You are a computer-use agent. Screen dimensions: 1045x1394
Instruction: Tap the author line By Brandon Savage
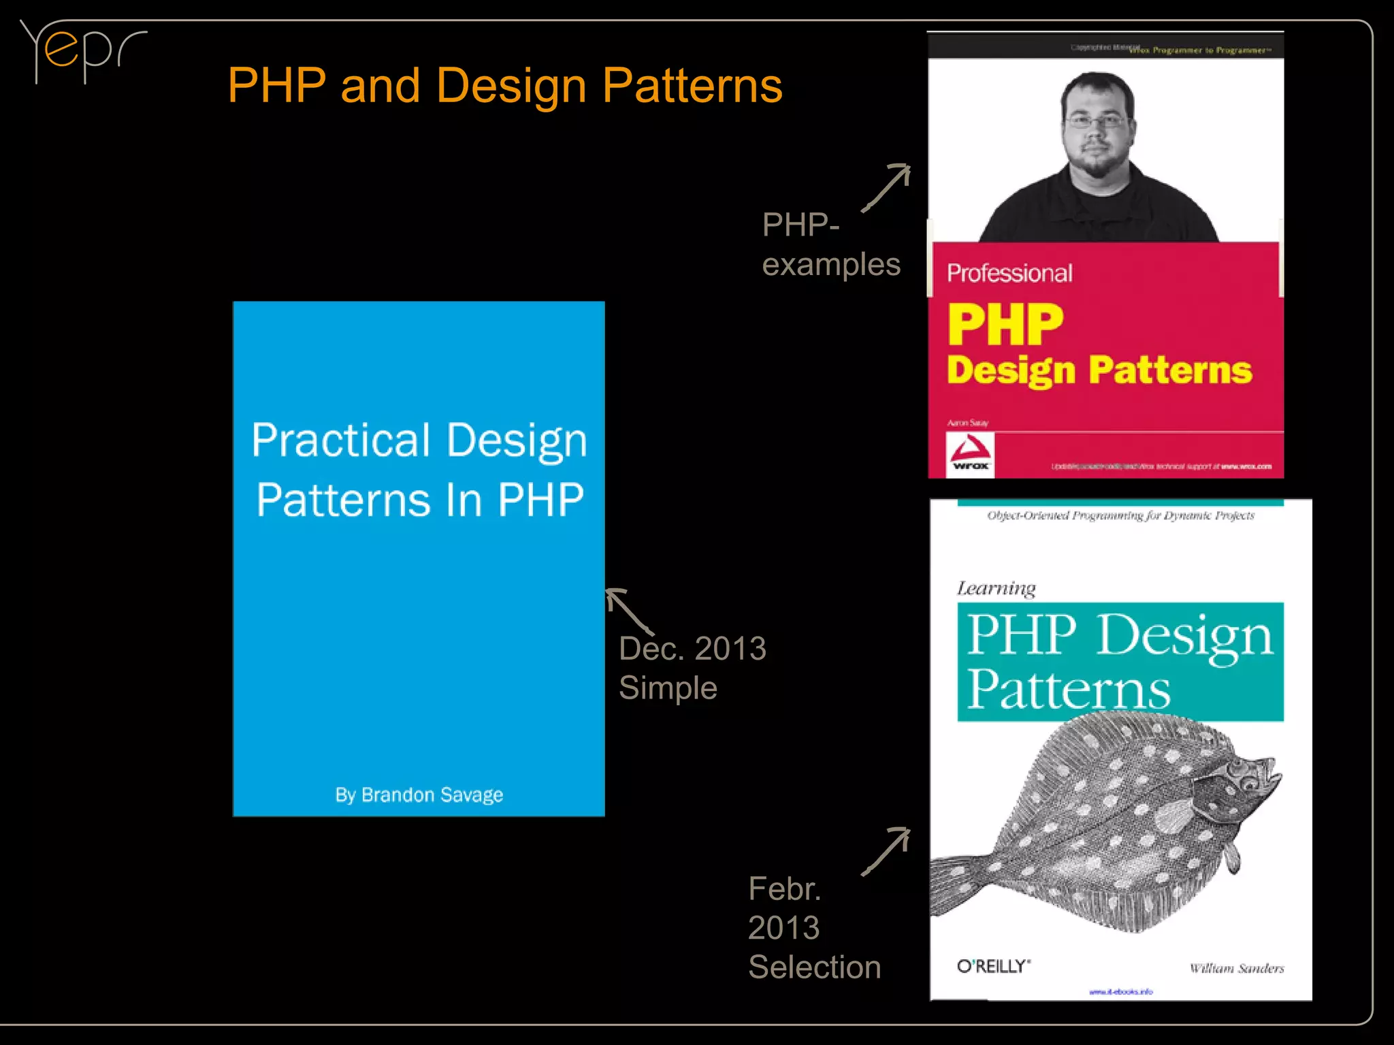419,794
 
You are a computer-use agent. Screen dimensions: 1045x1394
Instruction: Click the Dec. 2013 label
692,648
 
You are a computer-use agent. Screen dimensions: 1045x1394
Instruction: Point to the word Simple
668,688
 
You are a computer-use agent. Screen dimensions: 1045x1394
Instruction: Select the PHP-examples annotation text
830,244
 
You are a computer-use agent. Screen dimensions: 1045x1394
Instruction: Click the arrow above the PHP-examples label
886,187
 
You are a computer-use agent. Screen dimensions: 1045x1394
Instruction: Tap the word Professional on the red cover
1009,273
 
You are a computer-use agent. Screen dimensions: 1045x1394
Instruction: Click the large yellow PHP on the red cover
1005,325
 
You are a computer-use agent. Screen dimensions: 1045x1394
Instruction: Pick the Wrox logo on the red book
970,454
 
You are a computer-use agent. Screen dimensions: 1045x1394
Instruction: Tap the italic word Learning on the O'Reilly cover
996,588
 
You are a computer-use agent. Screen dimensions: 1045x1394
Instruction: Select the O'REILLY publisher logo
993,966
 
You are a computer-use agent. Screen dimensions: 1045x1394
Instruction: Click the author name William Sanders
1236,968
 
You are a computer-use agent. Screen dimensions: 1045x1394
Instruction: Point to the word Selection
814,967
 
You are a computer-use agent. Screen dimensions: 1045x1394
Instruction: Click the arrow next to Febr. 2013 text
886,851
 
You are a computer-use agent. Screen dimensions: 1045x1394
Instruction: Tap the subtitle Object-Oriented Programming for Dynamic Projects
1120,515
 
